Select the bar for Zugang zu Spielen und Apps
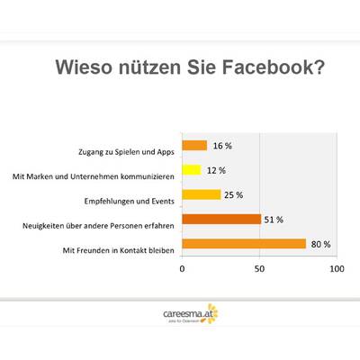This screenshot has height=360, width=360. (194, 145)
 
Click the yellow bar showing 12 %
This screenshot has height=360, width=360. (191, 169)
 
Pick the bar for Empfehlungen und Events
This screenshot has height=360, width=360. (201, 194)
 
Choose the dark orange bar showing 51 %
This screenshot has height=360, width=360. (221, 219)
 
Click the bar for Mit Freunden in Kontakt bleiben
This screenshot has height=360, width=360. (243, 243)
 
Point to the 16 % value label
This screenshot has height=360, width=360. (220, 145)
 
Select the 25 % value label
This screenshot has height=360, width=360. (235, 194)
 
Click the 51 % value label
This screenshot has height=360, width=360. (275, 219)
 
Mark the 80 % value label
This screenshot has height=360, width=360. (320, 243)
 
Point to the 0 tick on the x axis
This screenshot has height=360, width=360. (183, 268)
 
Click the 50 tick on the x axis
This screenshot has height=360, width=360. (259, 268)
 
